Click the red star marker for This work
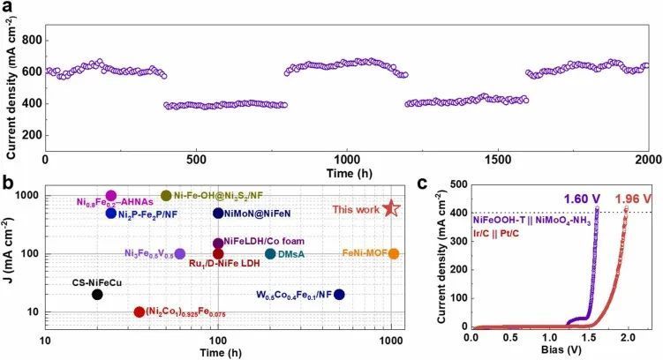[x=392, y=208]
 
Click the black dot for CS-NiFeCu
[x=97, y=295]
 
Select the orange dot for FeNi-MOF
[x=394, y=254]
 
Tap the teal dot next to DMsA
[x=270, y=254]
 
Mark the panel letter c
[x=425, y=184]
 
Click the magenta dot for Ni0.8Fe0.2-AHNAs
[x=111, y=196]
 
